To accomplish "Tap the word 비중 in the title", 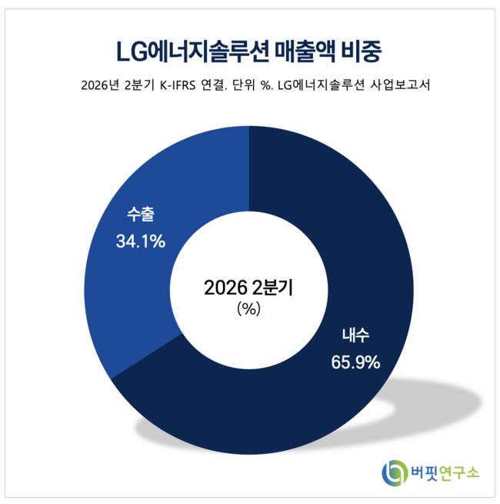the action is point(361,51).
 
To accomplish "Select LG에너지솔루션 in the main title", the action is point(192,51).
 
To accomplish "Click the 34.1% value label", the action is point(141,241).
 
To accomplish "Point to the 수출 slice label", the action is point(141,214).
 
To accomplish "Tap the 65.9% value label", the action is point(355,363).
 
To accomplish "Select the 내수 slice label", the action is point(355,335).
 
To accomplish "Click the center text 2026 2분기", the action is point(248,287).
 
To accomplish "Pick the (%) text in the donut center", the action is point(248,309).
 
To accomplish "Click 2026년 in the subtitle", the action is point(100,85).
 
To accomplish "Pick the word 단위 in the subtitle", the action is point(244,85).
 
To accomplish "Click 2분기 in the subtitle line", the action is point(139,85).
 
